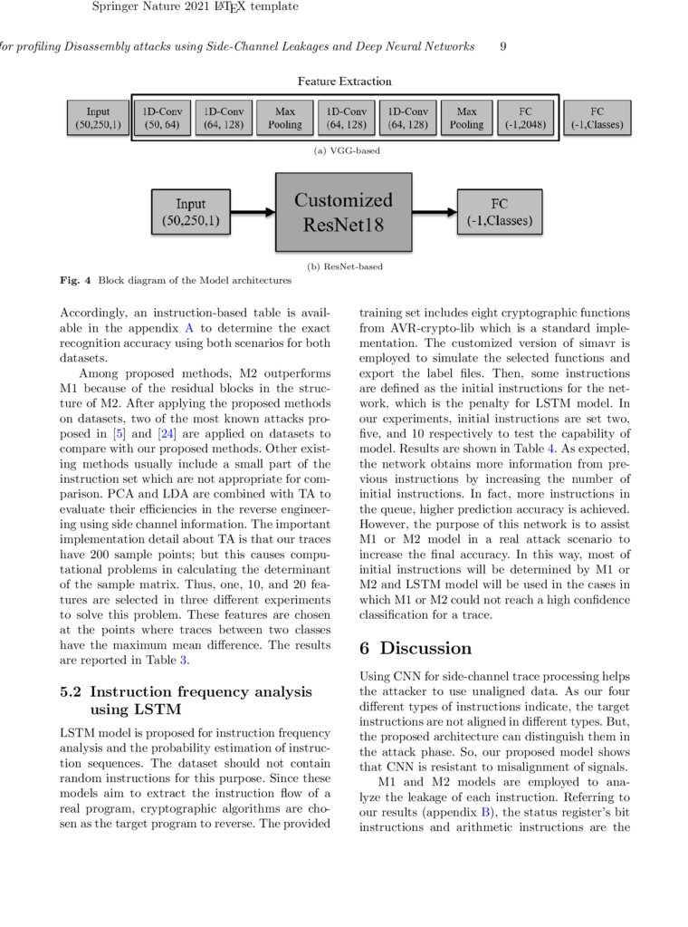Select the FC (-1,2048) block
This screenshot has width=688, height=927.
pos(526,118)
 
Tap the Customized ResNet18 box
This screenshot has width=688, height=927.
pos(343,212)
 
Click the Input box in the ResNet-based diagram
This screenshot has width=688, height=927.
pos(190,212)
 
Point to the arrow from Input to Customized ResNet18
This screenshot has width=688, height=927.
pos(252,213)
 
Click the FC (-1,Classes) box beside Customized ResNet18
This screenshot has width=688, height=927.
pos(500,212)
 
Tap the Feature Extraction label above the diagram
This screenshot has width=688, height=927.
pos(345,82)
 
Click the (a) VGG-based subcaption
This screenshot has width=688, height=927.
pos(347,150)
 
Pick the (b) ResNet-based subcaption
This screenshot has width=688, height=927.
pos(345,266)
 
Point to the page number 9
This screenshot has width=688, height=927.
pos(503,46)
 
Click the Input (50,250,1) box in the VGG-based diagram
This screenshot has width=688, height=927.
pos(98,118)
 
